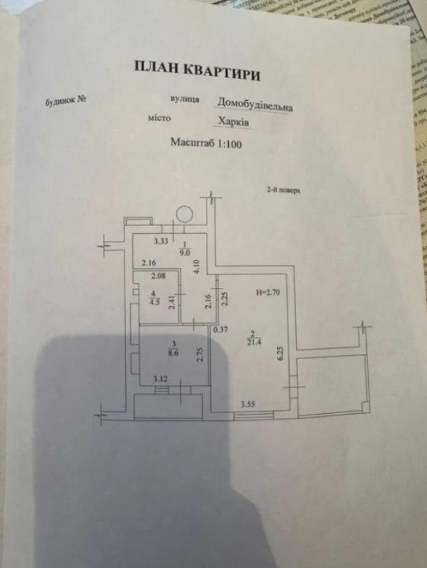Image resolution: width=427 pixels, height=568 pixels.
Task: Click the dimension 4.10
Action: click(198, 266)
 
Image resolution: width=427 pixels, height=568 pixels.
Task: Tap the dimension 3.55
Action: click(248, 404)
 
